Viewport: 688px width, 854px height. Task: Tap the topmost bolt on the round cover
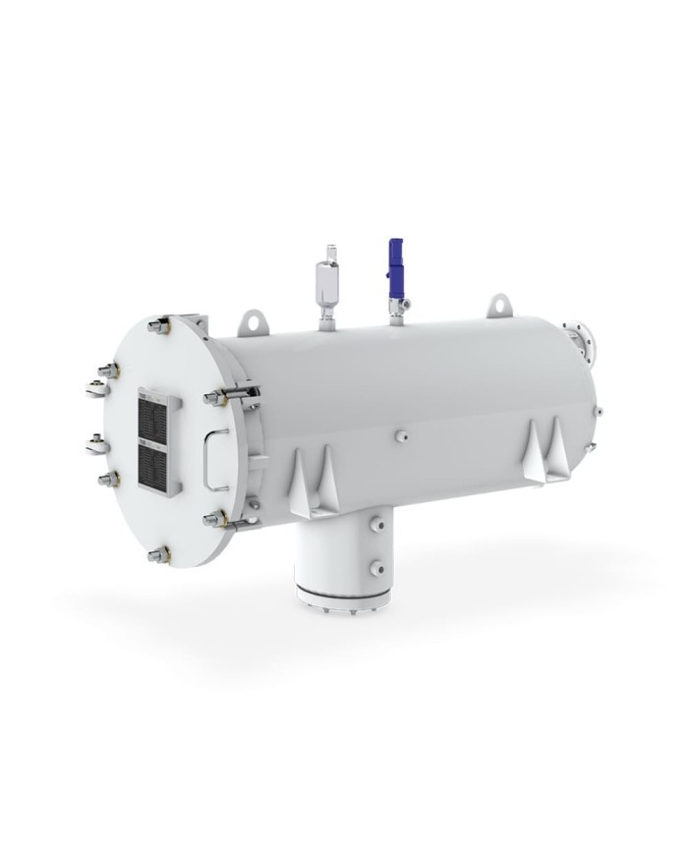point(159,325)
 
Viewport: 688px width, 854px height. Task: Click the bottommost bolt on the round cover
point(157,555)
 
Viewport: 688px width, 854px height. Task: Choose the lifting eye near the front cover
point(254,320)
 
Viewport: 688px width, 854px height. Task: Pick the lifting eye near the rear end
point(500,304)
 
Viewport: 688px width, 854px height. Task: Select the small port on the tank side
point(401,433)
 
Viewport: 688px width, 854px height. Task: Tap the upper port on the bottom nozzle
point(374,526)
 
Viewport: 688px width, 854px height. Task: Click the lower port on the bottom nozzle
point(375,567)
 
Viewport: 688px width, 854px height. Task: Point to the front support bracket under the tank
point(315,481)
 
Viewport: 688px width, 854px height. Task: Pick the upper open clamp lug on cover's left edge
point(96,387)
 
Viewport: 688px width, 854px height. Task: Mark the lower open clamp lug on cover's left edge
point(96,444)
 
